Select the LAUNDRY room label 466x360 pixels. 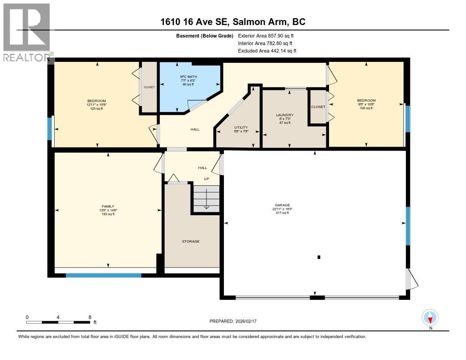pyautogui.click(x=287, y=115)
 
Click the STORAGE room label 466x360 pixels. pyautogui.click(x=191, y=241)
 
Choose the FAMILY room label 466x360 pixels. pyautogui.click(x=108, y=206)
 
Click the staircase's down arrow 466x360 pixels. pyautogui.click(x=206, y=200)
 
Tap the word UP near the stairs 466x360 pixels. pyautogui.click(x=206, y=178)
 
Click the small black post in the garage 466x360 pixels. pyautogui.click(x=319, y=257)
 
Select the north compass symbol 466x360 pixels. pyautogui.click(x=430, y=317)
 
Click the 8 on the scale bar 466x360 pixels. pyautogui.click(x=90, y=317)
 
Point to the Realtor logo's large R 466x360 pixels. pyautogui.click(x=26, y=27)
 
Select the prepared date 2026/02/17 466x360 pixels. pyautogui.click(x=246, y=321)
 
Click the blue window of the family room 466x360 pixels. pyautogui.click(x=103, y=275)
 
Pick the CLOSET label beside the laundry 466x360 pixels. pyautogui.click(x=318, y=106)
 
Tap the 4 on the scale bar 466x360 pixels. pyautogui.click(x=58, y=317)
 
